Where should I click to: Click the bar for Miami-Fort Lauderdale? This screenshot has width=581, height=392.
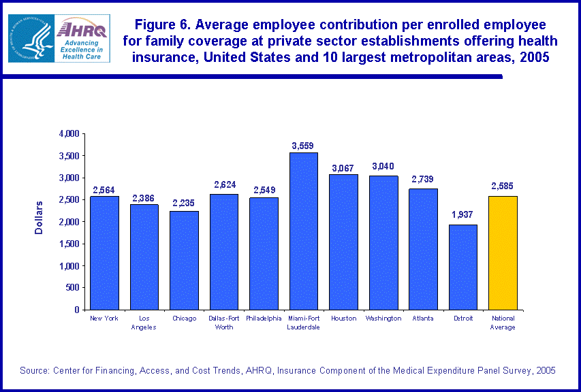click(x=304, y=231)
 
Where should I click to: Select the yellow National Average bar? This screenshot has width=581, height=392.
click(x=503, y=252)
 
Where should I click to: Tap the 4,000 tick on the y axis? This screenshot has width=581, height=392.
click(x=69, y=133)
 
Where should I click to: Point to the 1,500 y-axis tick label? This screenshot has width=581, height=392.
click(x=69, y=244)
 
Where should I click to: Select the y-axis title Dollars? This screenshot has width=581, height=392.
click(x=39, y=217)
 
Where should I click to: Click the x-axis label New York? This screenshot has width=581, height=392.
click(x=104, y=318)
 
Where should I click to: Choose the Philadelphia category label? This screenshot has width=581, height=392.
click(x=264, y=318)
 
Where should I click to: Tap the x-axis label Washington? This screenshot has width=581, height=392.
click(x=383, y=318)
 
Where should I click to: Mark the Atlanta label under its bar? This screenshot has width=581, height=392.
click(x=423, y=318)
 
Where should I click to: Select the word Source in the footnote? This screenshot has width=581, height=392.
click(x=33, y=370)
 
